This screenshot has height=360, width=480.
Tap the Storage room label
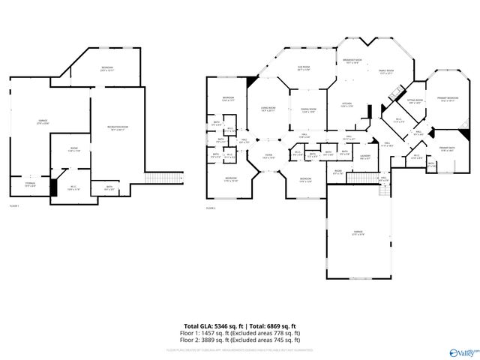click(x=30, y=184)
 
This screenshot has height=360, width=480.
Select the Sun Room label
click(x=304, y=68)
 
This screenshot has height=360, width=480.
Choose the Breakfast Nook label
click(x=352, y=61)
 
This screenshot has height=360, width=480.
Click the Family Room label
click(x=387, y=72)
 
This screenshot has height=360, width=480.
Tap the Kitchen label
click(x=348, y=104)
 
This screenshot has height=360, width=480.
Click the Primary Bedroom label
click(x=448, y=98)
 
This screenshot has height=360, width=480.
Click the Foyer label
click(x=268, y=157)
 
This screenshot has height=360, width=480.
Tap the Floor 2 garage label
click(x=358, y=232)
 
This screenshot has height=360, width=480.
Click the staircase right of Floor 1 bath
click(x=155, y=177)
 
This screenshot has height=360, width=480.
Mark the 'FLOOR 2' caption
click(x=211, y=208)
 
